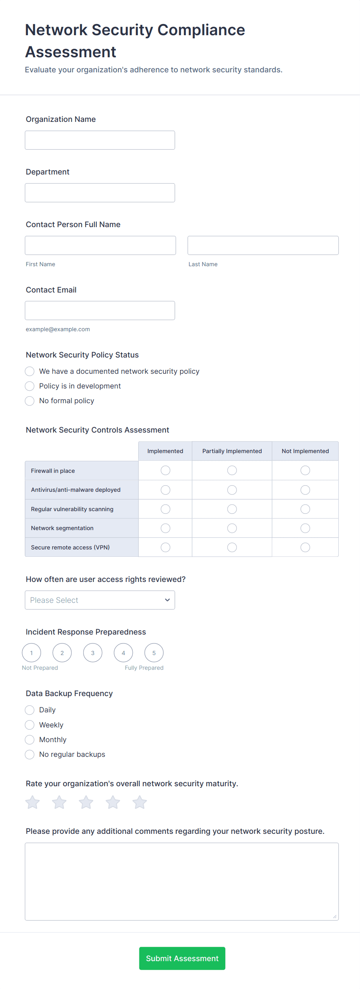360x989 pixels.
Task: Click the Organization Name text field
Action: coord(100,140)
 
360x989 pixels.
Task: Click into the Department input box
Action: coord(100,193)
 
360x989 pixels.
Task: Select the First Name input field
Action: coord(100,245)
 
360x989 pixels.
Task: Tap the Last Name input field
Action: coord(263,245)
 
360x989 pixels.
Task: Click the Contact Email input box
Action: coord(100,310)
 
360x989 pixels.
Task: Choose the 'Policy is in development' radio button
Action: coord(30,386)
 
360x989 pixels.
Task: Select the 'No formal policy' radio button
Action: coord(30,401)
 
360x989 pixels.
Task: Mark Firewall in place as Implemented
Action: coord(165,471)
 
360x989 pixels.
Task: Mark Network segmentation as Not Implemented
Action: coord(305,528)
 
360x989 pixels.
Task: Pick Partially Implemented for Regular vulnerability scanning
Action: coord(232,509)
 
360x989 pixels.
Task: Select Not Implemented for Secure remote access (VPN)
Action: coord(305,547)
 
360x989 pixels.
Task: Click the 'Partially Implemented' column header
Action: coord(232,451)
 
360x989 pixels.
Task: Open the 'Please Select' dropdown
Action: coord(100,600)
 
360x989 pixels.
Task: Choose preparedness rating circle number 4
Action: coord(123,653)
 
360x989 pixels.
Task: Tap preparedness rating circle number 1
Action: coord(32,653)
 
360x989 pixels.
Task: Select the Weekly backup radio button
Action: coord(30,725)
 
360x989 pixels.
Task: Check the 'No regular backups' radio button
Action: coord(30,755)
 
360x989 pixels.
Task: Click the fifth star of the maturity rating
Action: coord(139,802)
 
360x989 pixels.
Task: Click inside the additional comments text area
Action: coord(182,881)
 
